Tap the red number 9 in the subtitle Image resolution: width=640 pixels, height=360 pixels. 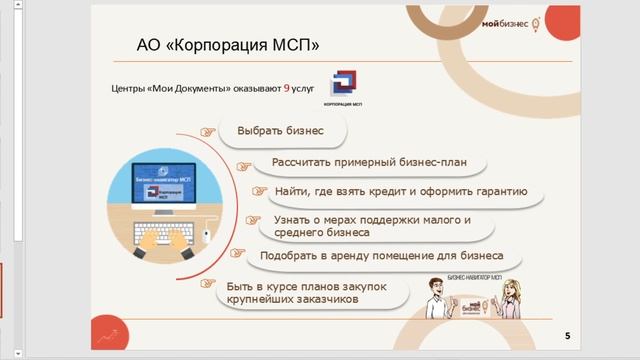tap(287, 88)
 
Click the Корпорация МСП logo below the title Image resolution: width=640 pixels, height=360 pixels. tap(343, 88)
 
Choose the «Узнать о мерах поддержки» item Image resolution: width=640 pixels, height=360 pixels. tap(370, 225)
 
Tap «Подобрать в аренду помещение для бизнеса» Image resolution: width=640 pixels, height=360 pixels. tap(381, 255)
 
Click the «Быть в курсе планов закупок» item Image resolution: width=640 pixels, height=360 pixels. tap(300, 292)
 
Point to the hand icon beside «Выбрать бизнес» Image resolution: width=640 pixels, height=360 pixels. tap(208, 131)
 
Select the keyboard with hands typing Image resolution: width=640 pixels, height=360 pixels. tap(163, 237)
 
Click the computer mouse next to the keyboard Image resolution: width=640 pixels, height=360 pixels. tap(206, 236)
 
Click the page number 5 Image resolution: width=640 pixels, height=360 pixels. tap(568, 335)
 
